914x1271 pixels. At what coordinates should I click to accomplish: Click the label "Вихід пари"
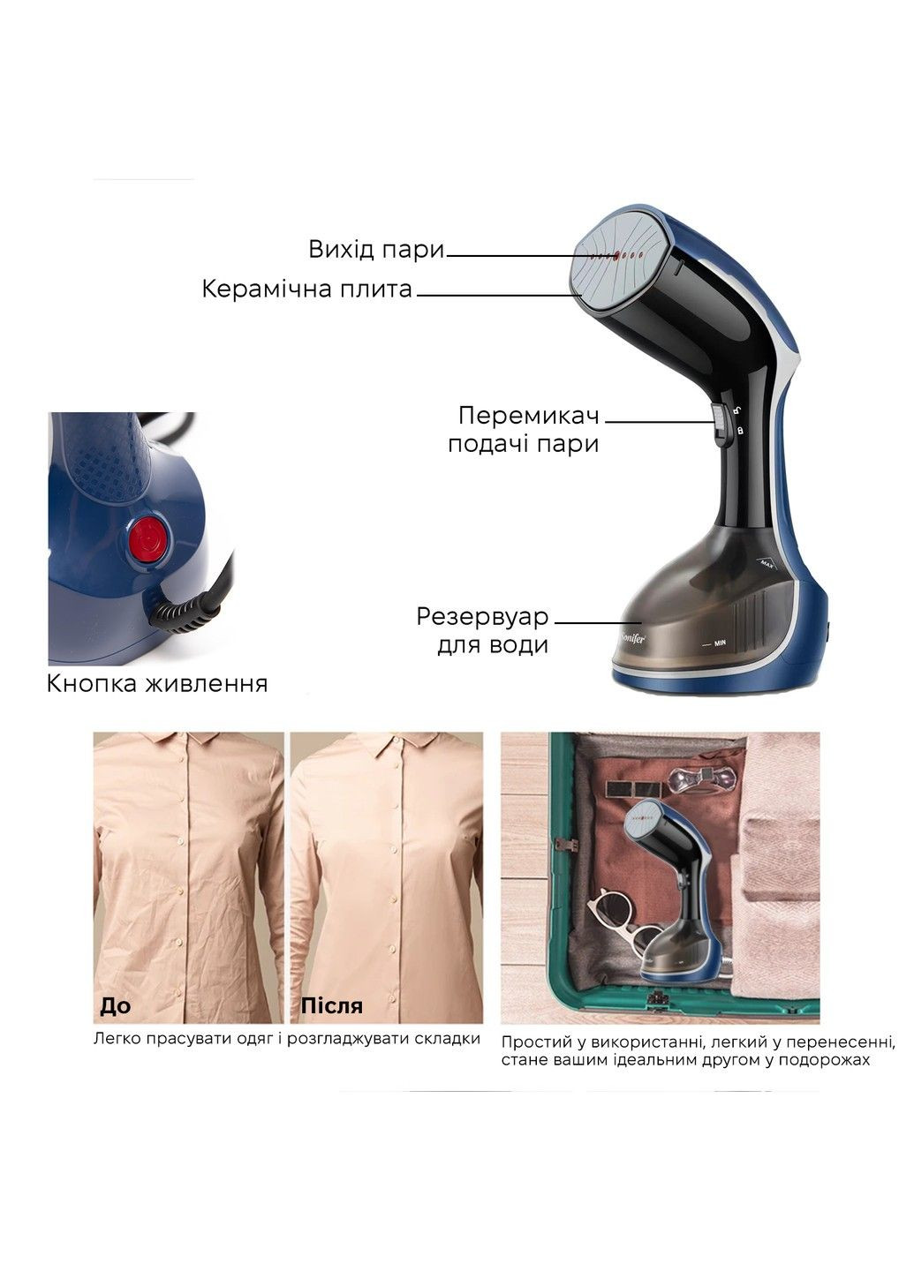376,250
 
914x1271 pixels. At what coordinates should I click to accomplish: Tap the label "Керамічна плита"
307,290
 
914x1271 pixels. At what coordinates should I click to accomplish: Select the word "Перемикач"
528,416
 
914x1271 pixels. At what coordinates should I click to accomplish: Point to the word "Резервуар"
482,617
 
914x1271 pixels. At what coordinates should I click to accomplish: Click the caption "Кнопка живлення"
157,684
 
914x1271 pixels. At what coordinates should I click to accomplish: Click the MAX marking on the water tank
767,564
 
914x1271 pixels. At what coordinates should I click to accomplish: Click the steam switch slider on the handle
719,423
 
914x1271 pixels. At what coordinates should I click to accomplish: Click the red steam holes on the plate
616,257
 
